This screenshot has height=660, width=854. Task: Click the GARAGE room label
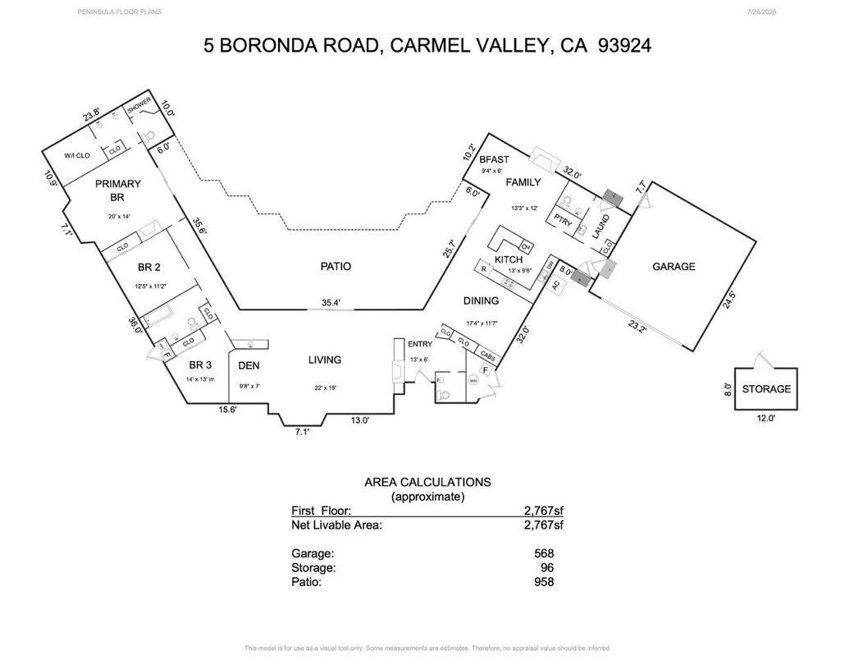coord(674,266)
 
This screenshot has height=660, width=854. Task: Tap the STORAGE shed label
coord(766,388)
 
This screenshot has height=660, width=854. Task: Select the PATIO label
coord(336,266)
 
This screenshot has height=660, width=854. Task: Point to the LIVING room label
coord(324,360)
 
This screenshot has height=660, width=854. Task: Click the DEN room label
coord(249,365)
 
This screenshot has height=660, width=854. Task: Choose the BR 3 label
coord(201,365)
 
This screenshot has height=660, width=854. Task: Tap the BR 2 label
coord(150,267)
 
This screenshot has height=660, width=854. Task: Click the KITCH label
coord(509,259)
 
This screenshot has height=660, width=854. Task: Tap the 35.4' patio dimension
coord(331,303)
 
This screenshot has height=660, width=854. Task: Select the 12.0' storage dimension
coord(766,419)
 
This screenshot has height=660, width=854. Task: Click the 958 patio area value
coord(543,582)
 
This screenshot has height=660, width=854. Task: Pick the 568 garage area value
coord(543,553)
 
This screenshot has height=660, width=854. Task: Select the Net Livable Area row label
coord(336,525)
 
